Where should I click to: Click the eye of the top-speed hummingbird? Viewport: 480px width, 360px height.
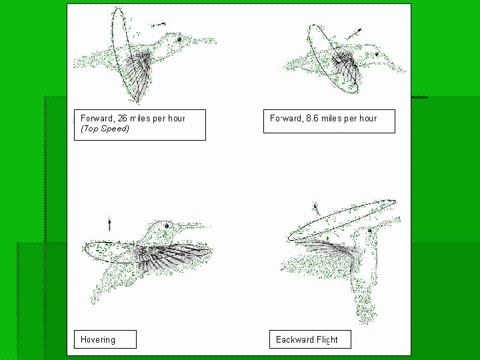tap(179, 39)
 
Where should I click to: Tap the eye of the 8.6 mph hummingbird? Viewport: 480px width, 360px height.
tap(377, 54)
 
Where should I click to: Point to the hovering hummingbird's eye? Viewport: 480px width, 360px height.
tap(167, 226)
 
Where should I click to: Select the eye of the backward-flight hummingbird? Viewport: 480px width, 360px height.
tap(369, 231)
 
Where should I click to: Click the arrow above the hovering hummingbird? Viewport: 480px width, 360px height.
tap(109, 225)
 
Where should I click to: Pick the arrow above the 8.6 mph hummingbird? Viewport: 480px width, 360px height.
tap(354, 34)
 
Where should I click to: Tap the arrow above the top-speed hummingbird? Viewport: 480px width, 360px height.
tap(158, 24)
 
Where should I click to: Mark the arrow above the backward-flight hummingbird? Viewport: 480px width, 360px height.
tap(316, 209)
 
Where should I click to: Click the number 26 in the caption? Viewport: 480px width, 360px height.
tap(122, 118)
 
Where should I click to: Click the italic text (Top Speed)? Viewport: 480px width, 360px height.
tap(105, 129)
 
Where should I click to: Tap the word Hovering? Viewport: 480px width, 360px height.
tap(98, 339)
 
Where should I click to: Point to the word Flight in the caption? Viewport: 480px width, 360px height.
tap(327, 339)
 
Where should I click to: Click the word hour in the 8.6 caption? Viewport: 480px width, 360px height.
tap(369, 118)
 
